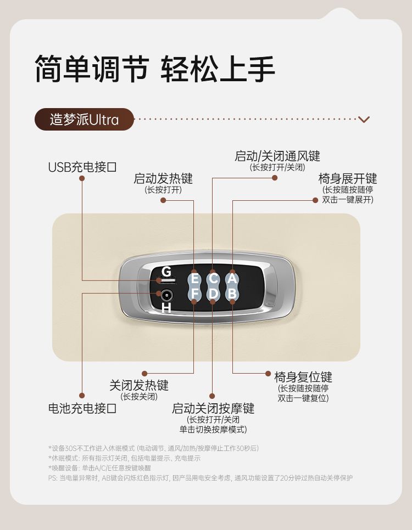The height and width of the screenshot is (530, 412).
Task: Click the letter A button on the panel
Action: coord(232,279)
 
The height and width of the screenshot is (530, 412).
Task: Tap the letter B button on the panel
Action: coord(232,294)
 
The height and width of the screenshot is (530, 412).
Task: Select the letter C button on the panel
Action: coord(213,279)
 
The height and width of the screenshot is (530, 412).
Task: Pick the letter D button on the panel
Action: coord(213,294)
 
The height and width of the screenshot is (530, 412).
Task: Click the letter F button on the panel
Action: coord(194,294)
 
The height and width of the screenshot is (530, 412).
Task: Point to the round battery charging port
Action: coord(166,296)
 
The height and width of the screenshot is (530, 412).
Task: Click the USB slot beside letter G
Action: coord(168,281)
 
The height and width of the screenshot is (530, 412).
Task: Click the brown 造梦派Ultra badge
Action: coord(84,119)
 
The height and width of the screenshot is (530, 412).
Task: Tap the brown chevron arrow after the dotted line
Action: coord(364,119)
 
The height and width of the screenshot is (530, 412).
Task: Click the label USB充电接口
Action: coord(82,167)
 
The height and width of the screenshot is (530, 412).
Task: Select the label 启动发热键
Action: coord(163,178)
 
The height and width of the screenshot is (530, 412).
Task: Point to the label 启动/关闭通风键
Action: coord(277,156)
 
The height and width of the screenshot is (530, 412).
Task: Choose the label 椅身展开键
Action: coord(348,178)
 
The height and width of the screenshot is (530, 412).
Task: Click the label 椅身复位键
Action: coord(303,377)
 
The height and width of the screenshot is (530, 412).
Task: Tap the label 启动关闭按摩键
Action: coord(213,408)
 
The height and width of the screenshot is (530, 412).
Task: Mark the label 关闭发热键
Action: coord(139,385)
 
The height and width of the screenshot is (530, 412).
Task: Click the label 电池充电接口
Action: coord(82,408)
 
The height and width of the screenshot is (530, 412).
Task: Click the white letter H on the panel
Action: coord(166,308)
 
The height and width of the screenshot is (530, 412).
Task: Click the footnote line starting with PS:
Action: coord(201,478)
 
